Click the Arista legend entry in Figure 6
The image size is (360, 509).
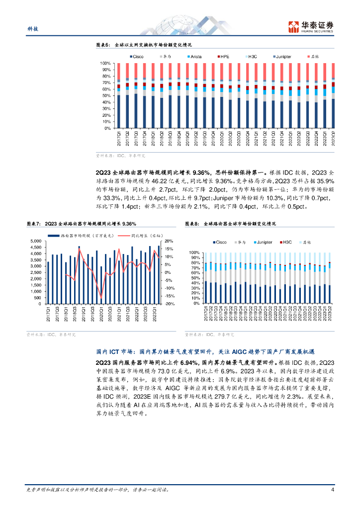tap(196, 57)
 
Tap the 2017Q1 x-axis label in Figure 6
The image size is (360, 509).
tap(118, 138)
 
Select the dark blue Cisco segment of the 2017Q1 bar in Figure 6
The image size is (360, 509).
tap(118, 112)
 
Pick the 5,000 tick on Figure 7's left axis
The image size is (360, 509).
tap(35, 241)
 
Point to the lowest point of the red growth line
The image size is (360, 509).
tap(101, 297)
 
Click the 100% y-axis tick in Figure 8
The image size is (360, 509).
tap(194, 253)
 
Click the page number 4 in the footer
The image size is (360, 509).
tap(332, 490)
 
